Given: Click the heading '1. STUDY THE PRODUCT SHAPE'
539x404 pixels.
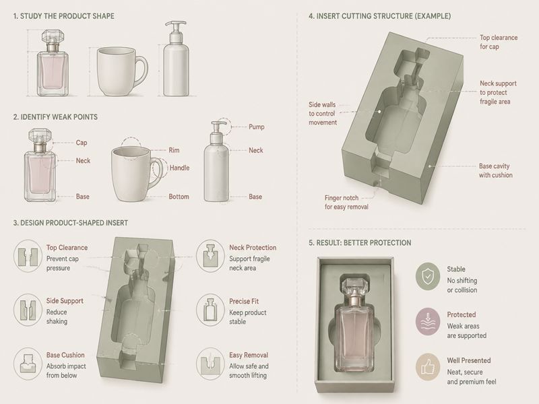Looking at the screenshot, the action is (64, 16).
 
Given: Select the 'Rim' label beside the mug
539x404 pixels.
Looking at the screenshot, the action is (174, 150).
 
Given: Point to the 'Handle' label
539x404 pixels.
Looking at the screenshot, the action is (179, 168).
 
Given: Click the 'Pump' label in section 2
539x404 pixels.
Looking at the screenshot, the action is (257, 127).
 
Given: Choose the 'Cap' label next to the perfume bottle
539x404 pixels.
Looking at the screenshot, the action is (82, 143).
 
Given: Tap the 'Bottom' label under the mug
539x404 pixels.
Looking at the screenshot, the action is (179, 197).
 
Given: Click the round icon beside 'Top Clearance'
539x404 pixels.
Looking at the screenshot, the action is (28, 257).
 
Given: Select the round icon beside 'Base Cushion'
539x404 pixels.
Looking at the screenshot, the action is (28, 364).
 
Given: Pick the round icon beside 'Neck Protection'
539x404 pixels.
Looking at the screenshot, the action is (210, 257).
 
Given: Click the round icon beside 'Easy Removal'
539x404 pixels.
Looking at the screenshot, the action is (210, 364).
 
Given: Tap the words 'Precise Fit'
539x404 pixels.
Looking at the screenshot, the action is (244, 301).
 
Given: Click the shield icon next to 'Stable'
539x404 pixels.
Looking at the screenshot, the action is (428, 277).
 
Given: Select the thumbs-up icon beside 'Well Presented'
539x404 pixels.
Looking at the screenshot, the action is (428, 367).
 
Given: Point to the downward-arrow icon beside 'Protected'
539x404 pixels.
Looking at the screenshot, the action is (428, 322).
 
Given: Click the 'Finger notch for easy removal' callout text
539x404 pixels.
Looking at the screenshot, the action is (346, 203).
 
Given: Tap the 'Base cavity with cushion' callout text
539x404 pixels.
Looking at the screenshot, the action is (496, 170).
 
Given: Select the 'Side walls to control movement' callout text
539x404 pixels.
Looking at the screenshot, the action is (323, 113).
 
